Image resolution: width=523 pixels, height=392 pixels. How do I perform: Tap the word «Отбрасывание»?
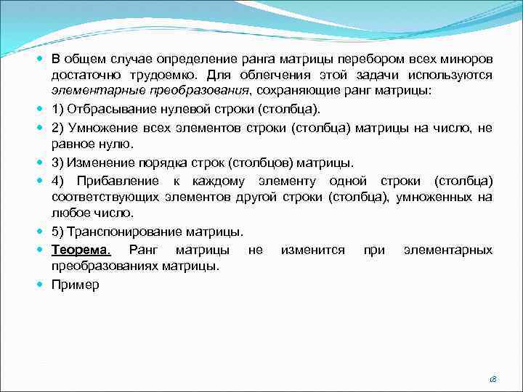[x=105, y=110]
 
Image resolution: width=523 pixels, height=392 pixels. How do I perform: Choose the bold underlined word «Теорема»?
[x=79, y=250]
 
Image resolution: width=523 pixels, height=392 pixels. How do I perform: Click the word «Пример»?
[x=75, y=285]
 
